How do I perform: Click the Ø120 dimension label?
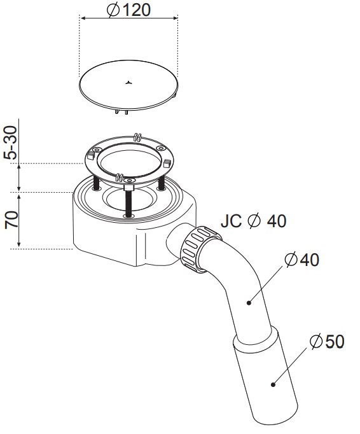128,10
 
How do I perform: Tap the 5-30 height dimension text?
11,143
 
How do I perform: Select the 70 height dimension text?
11,220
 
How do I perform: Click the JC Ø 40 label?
253,221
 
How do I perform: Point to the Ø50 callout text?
327,341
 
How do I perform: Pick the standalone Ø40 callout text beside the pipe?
302,260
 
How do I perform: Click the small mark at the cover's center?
129,82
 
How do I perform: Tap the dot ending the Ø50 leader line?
273,384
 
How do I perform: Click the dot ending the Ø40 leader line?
249,303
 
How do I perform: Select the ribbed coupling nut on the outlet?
200,249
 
